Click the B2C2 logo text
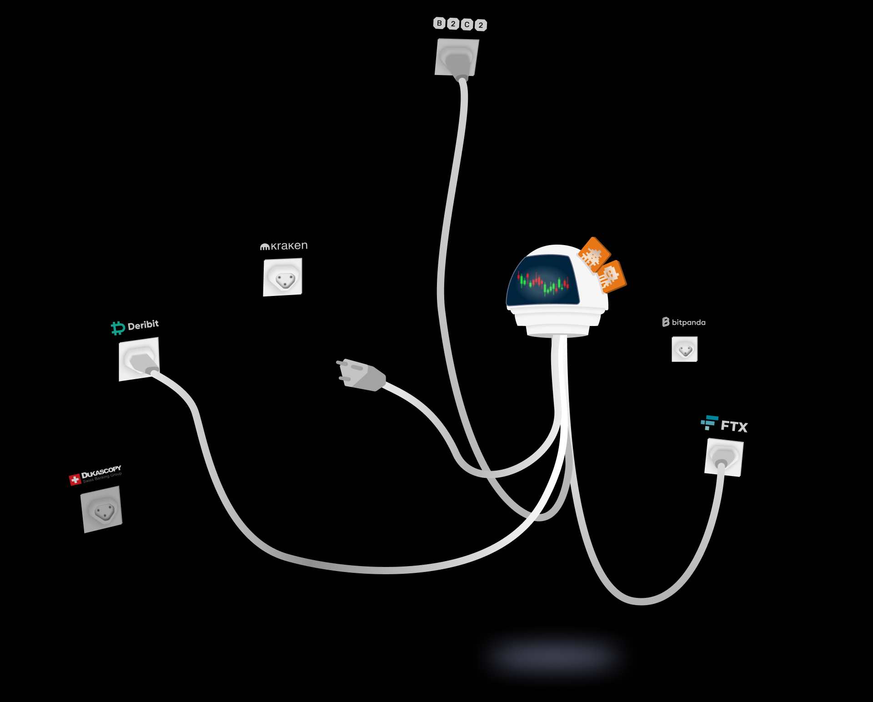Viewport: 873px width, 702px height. [x=460, y=24]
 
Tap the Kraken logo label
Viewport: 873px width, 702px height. [x=284, y=246]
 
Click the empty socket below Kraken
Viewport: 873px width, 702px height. [x=282, y=277]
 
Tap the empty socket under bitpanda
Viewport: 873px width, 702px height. [x=684, y=349]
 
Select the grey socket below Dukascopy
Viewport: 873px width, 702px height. [x=101, y=509]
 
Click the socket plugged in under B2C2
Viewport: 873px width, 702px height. [x=457, y=57]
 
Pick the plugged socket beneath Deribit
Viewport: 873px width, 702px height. [x=139, y=359]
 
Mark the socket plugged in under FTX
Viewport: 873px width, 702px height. [x=723, y=457]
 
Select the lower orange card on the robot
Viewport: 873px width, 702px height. [x=612, y=276]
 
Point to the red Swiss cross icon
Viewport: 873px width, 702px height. [x=75, y=480]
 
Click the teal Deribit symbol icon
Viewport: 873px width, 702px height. [x=118, y=328]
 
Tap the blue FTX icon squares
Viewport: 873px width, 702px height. [x=709, y=422]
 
